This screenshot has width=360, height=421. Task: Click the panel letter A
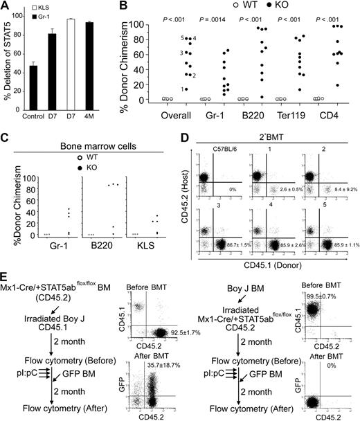point(6,7)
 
